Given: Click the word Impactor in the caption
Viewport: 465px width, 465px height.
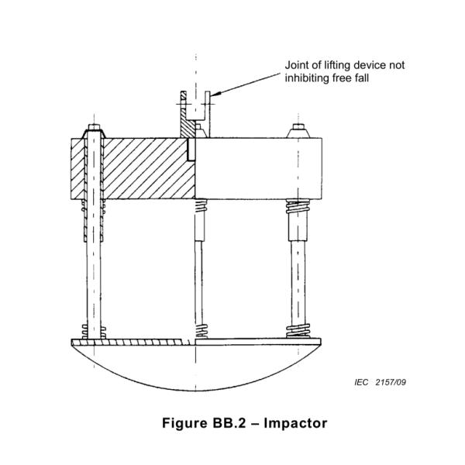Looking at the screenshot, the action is click(295, 423).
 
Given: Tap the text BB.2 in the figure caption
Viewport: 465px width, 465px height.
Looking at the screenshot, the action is click(229, 423).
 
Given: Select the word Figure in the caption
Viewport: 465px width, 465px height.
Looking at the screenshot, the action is click(184, 423).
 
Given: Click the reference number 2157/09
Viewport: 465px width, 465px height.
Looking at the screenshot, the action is click(391, 382).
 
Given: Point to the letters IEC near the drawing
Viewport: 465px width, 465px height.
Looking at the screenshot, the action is click(361, 382).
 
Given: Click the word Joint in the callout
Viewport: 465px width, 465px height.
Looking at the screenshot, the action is click(296, 65).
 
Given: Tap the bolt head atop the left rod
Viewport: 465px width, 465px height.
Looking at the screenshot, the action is click(95, 128).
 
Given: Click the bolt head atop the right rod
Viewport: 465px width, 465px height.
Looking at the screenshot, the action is click(298, 127).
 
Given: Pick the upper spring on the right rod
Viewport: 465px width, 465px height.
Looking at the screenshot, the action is click(298, 206).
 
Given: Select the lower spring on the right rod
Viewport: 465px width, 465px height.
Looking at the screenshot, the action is click(298, 331).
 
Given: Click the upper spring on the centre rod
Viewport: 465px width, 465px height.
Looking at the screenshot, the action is click(201, 205).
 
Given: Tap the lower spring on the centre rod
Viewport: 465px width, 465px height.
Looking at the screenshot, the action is click(201, 331).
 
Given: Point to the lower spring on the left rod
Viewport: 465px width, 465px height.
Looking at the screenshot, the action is click(94, 332).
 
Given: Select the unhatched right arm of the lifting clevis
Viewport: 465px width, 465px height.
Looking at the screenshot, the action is click(207, 114).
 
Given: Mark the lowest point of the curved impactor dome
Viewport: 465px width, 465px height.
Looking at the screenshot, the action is click(196, 391).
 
